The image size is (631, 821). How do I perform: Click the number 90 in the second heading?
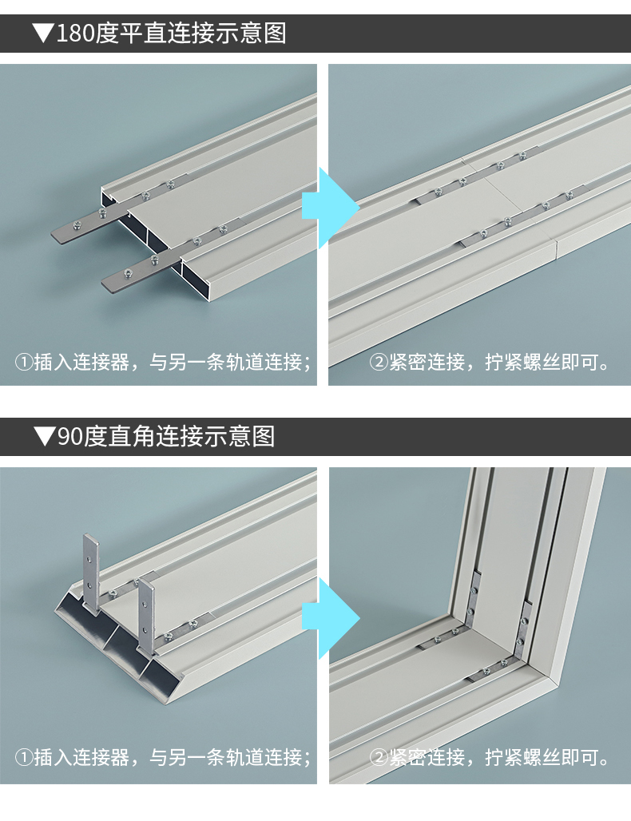(69, 437)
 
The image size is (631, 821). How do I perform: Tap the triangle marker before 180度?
(43, 33)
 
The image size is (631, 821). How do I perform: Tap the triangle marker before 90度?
(44, 436)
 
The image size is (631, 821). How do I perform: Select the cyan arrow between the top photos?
(331, 208)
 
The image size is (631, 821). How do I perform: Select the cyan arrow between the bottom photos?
(331, 619)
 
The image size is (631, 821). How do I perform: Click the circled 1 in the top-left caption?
(24, 363)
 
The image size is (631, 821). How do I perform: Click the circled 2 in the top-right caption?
(379, 363)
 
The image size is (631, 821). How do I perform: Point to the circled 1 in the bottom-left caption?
(24, 758)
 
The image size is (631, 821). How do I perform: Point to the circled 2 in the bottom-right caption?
(379, 758)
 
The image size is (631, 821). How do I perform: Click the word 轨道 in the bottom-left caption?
(244, 758)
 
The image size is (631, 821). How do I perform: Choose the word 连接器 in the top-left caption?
(101, 363)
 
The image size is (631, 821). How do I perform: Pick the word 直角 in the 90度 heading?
(132, 437)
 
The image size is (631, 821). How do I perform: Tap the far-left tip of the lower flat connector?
(102, 284)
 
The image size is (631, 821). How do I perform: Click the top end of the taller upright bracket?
(90, 535)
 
